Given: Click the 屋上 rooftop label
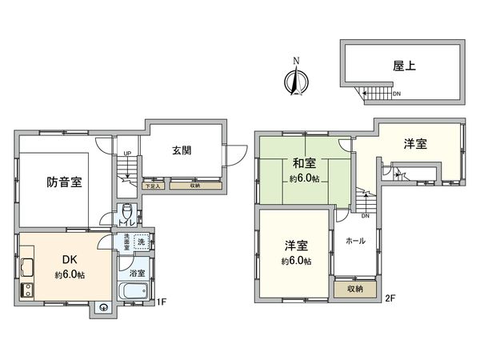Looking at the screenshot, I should [402, 68].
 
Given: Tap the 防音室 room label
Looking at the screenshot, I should [64, 182].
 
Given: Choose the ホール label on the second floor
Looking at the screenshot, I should [356, 240].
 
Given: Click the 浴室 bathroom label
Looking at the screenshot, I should [137, 274].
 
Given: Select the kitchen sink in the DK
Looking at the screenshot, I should [26, 267].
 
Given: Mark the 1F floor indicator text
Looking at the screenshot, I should [161, 302].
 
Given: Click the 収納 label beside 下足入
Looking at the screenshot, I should [196, 186].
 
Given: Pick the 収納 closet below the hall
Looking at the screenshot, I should [354, 288].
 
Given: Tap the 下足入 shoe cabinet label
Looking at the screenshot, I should [154, 186].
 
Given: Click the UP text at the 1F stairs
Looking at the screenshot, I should [126, 154].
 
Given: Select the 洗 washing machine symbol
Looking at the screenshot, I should [141, 242].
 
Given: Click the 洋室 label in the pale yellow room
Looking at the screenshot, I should [414, 144].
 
